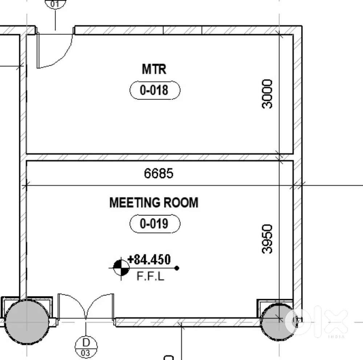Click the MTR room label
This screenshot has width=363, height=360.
click(x=154, y=69)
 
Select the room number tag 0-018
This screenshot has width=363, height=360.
click(x=155, y=90)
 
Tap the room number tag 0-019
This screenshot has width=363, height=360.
click(x=155, y=224)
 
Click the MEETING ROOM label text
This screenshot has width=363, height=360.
click(x=154, y=202)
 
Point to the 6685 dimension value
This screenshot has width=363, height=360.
click(x=159, y=173)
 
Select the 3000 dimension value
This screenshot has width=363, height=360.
click(x=267, y=94)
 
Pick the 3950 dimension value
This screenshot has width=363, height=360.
click(x=267, y=239)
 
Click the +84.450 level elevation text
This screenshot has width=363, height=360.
click(x=149, y=259)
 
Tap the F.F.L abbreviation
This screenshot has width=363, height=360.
click(x=151, y=276)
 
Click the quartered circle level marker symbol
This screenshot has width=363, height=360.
click(x=121, y=268)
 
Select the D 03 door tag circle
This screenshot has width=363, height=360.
click(x=86, y=347)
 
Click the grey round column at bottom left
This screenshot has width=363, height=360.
click(x=27, y=322)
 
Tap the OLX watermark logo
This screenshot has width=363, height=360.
click(x=316, y=321)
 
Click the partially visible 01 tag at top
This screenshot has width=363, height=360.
click(x=55, y=4)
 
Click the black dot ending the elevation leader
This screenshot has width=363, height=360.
click(x=177, y=268)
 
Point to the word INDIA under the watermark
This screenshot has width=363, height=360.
click(x=337, y=337)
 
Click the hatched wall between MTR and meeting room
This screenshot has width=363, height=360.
click(x=160, y=157)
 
